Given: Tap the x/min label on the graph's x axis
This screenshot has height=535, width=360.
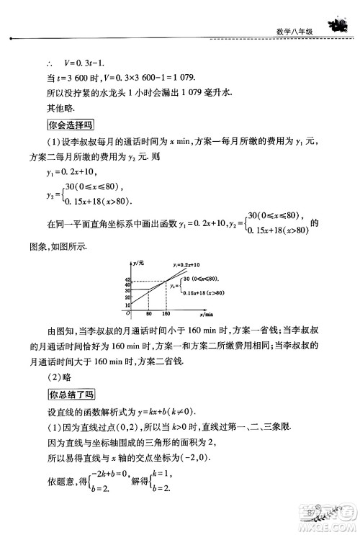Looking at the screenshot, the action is pyautogui.click(x=210, y=315).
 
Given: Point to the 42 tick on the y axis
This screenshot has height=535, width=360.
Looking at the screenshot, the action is pyautogui.click(x=127, y=279).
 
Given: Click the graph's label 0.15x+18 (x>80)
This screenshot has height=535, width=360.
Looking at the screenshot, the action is pyautogui.click(x=202, y=292).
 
